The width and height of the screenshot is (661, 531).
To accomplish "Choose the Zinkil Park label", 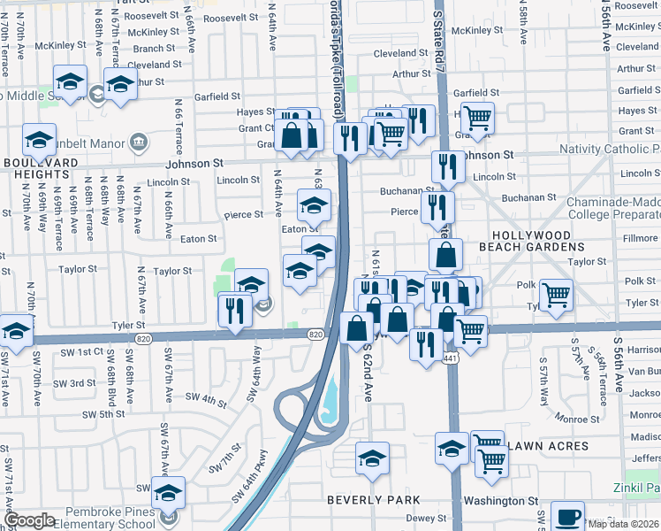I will click(x=636, y=488).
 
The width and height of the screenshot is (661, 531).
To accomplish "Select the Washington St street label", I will click(x=500, y=500).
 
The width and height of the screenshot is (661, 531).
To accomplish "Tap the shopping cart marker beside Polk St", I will click(x=556, y=294).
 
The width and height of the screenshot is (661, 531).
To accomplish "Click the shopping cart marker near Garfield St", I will click(x=477, y=116).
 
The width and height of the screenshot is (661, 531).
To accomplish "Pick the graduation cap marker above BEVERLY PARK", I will click(x=372, y=458).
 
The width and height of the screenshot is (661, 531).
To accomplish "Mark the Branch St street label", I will click(x=155, y=49).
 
